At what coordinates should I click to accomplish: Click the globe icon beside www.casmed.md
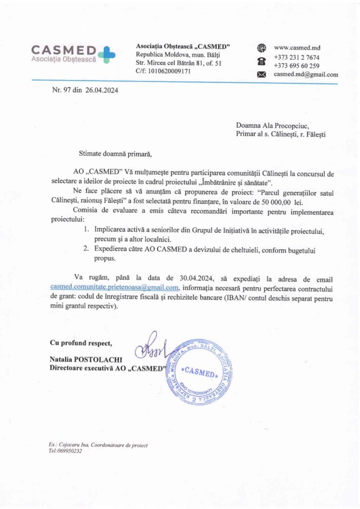262,48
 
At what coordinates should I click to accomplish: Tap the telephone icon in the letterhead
262,62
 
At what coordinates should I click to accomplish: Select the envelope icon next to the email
262,75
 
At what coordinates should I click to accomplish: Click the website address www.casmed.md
297,48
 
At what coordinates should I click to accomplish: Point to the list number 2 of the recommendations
86,248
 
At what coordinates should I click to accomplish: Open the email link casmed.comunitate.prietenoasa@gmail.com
114,287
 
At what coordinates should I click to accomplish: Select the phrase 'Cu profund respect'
81,342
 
